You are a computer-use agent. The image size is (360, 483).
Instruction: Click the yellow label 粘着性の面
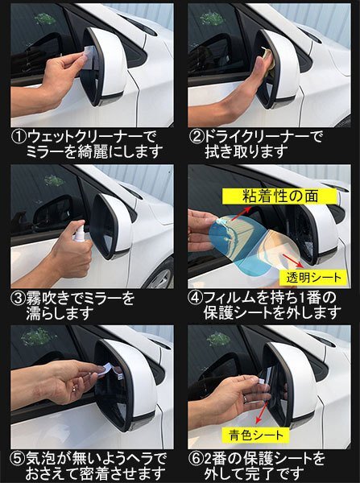(x=279, y=196)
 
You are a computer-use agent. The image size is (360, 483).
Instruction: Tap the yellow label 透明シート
(x=313, y=278)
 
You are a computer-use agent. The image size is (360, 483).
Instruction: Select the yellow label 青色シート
(x=255, y=436)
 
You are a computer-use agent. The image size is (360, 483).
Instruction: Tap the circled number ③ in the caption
(x=19, y=299)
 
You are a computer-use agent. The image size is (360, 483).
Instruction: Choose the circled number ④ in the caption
(x=196, y=299)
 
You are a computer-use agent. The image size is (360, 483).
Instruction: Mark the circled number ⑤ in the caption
(x=18, y=460)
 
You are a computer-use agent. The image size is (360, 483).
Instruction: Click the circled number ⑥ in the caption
(x=196, y=460)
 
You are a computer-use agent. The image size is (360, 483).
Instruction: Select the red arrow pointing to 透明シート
(x=292, y=261)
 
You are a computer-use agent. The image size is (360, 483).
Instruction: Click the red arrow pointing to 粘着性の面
(x=241, y=213)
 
